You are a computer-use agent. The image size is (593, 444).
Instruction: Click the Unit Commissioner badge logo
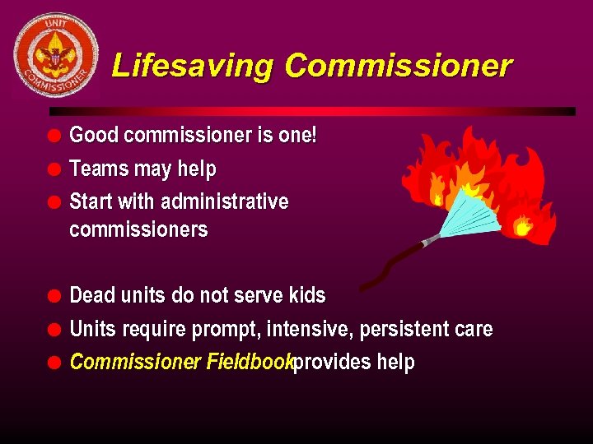coord(55,55)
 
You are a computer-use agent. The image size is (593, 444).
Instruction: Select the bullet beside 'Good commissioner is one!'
coord(54,136)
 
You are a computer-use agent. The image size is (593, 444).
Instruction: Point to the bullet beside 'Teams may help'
coord(54,169)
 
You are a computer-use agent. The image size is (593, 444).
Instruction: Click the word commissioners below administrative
coord(138,229)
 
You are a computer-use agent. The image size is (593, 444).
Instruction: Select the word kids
coord(307,295)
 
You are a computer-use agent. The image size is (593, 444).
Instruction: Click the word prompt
coord(223,330)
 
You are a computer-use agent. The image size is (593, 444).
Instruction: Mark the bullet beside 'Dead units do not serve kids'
coord(54,296)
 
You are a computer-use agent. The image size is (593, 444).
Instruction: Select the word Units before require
coord(93,330)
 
